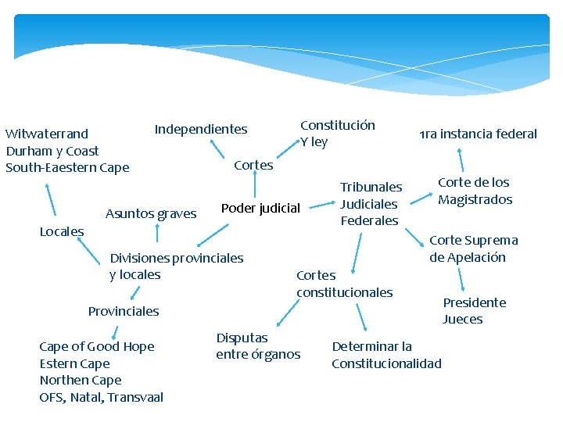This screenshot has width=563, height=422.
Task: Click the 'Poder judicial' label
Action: [x=260, y=208]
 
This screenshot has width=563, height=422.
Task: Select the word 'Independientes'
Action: [x=201, y=129]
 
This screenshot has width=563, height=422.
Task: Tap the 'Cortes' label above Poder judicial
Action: [x=254, y=165]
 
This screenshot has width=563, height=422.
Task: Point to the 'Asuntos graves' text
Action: [x=151, y=213]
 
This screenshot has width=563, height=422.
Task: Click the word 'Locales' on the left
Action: [x=62, y=231]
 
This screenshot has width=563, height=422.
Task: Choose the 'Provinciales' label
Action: [x=124, y=311]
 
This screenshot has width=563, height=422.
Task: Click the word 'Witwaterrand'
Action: [x=47, y=134]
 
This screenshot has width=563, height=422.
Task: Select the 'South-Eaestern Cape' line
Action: [x=67, y=167]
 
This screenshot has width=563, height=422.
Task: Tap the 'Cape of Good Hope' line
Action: [x=97, y=346]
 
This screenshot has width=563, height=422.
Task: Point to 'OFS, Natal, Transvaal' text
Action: [x=102, y=397]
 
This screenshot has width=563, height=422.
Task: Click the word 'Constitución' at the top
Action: [x=338, y=125]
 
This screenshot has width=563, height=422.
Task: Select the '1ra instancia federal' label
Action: [x=479, y=134]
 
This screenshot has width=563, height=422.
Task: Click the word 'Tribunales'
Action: [x=371, y=187]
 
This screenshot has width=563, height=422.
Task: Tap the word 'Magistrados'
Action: [x=475, y=199]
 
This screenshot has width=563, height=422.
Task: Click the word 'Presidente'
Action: [x=475, y=302]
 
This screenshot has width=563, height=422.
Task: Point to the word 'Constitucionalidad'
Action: [x=386, y=363]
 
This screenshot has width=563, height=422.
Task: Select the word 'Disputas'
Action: [x=242, y=338]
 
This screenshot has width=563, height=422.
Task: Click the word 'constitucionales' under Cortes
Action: [x=345, y=292]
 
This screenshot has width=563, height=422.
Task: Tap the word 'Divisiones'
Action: [x=140, y=258]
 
